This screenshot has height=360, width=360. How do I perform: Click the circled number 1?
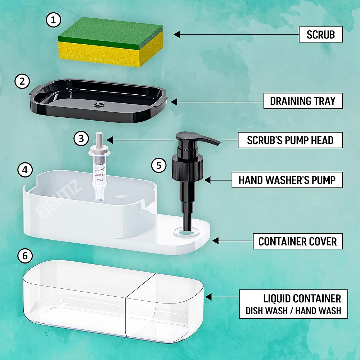coord(53,21)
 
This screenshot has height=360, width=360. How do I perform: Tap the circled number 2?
coord(22,81)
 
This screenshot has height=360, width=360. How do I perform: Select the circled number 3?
coord(81,139)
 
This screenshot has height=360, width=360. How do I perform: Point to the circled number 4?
coord(25,170)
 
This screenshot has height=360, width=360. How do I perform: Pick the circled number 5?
coord(159,165)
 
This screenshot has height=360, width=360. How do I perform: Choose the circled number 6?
coord(25,256)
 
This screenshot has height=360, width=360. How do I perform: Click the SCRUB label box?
coord(320,35)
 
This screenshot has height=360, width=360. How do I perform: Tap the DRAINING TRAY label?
coord(302,101)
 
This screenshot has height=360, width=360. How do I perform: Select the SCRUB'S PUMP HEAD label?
coord(290,140)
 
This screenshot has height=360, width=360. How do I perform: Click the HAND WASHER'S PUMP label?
coord(287,180)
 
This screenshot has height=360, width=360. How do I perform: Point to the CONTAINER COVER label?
coord(298,242)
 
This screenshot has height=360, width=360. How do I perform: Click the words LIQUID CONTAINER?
coord(302,298)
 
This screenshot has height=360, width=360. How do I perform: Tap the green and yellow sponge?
coord(110,41)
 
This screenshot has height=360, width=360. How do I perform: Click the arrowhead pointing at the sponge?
coord(177,35)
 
